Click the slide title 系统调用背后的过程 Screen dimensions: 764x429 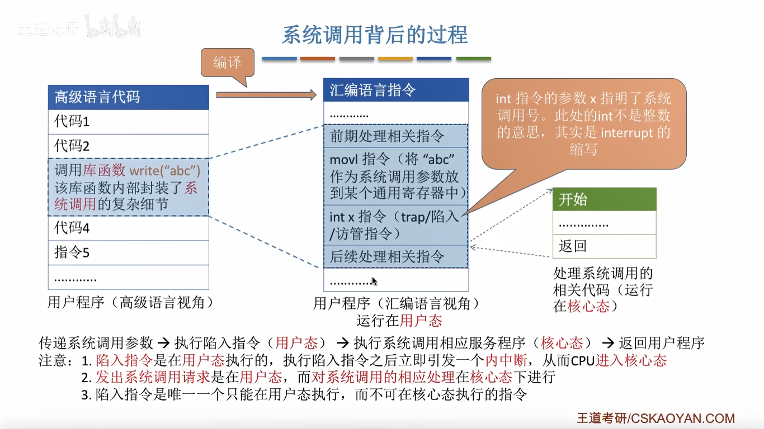[374, 35]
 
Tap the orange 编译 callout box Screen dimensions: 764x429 [227, 63]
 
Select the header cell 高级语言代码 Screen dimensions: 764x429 [128, 97]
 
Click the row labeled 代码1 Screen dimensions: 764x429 [128, 122]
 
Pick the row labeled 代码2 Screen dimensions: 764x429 [128, 146]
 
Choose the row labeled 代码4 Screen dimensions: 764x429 [128, 228]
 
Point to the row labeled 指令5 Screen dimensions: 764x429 [128, 252]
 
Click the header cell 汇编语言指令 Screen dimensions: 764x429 [395, 90]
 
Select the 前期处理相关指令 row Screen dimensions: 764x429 [395, 136]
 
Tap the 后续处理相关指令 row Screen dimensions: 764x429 [395, 256]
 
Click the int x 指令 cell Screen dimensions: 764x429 [395, 225]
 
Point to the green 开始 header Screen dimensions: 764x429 [604, 199]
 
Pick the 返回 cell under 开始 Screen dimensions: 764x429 [604, 246]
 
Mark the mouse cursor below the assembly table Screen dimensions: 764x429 [374, 281]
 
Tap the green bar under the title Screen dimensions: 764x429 [473, 59]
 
